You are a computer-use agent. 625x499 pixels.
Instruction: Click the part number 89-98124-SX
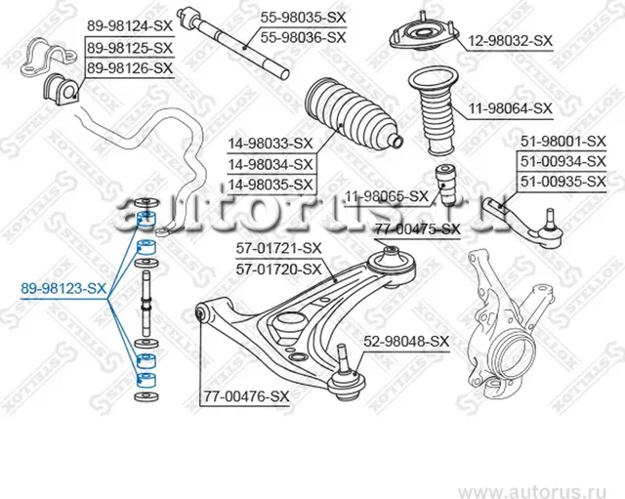(x=129, y=24)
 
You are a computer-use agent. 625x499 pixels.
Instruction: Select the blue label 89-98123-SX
(x=64, y=288)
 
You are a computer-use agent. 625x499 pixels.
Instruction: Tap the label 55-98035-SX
(x=302, y=17)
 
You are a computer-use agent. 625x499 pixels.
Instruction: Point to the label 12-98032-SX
(x=510, y=41)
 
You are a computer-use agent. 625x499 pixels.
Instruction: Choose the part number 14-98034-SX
(x=271, y=164)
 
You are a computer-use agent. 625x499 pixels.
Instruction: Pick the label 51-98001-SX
(x=562, y=141)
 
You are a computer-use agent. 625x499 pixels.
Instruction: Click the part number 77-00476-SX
(x=247, y=396)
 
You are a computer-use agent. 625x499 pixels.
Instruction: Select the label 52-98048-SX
(x=405, y=341)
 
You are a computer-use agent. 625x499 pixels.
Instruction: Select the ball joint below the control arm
(x=347, y=376)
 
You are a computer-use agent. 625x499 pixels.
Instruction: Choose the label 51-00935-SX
(x=562, y=182)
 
